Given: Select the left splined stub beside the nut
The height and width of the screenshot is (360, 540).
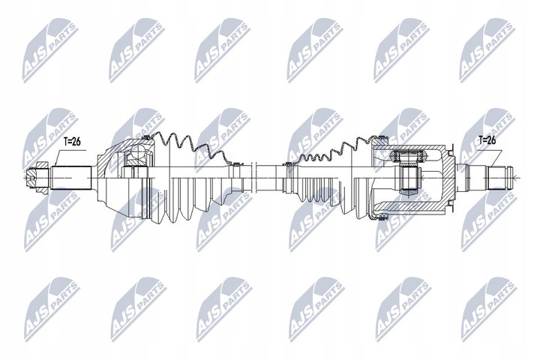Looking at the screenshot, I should click(70, 178).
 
